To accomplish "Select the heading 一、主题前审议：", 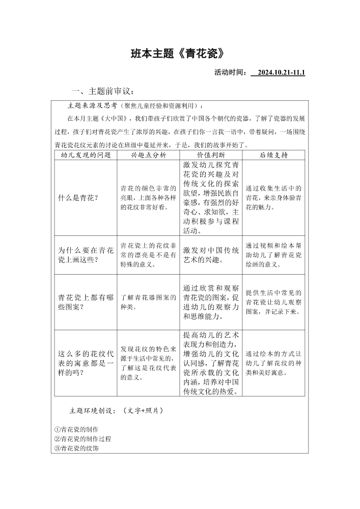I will [x=103, y=91].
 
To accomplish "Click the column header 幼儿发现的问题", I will [x=86, y=155].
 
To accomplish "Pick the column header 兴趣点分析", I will [x=148, y=155].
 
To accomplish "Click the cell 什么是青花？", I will [x=78, y=198].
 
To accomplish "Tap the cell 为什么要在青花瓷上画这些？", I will [x=86, y=255].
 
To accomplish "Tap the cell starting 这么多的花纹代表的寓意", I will [x=86, y=363].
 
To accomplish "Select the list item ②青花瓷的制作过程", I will [x=82, y=439].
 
